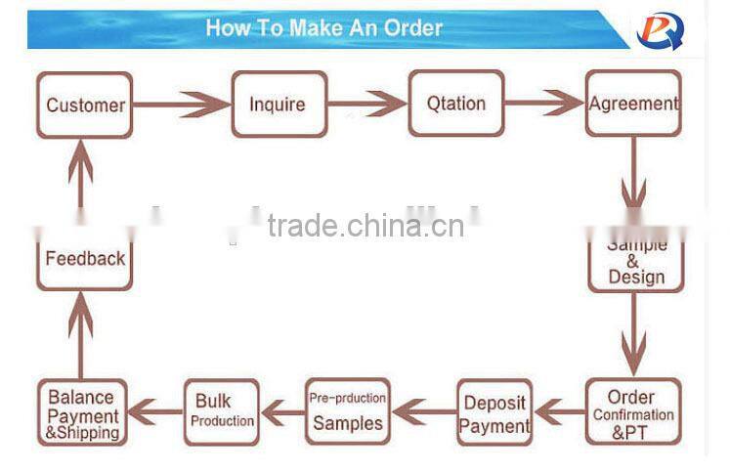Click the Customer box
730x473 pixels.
pyautogui.click(x=85, y=105)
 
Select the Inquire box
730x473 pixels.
pyautogui.click(x=277, y=105)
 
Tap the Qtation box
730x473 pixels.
pyautogui.click(x=455, y=104)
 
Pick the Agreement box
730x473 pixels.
pyautogui.click(x=633, y=104)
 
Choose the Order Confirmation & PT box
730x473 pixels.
pyautogui.click(x=632, y=413)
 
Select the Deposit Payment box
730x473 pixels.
pyautogui.click(x=494, y=413)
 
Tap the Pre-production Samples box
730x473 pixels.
pyautogui.click(x=347, y=411)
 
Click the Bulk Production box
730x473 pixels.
pyautogui.click(x=222, y=411)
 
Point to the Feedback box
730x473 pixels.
pyautogui.click(x=85, y=259)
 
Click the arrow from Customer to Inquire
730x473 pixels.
pyautogui.click(x=182, y=105)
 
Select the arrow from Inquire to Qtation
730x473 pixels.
pyautogui.click(x=365, y=104)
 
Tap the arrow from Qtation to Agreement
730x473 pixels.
pyautogui.click(x=544, y=104)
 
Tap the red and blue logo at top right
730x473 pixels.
pyautogui.click(x=662, y=29)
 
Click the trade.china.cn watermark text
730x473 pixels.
pyautogui.click(x=365, y=226)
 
